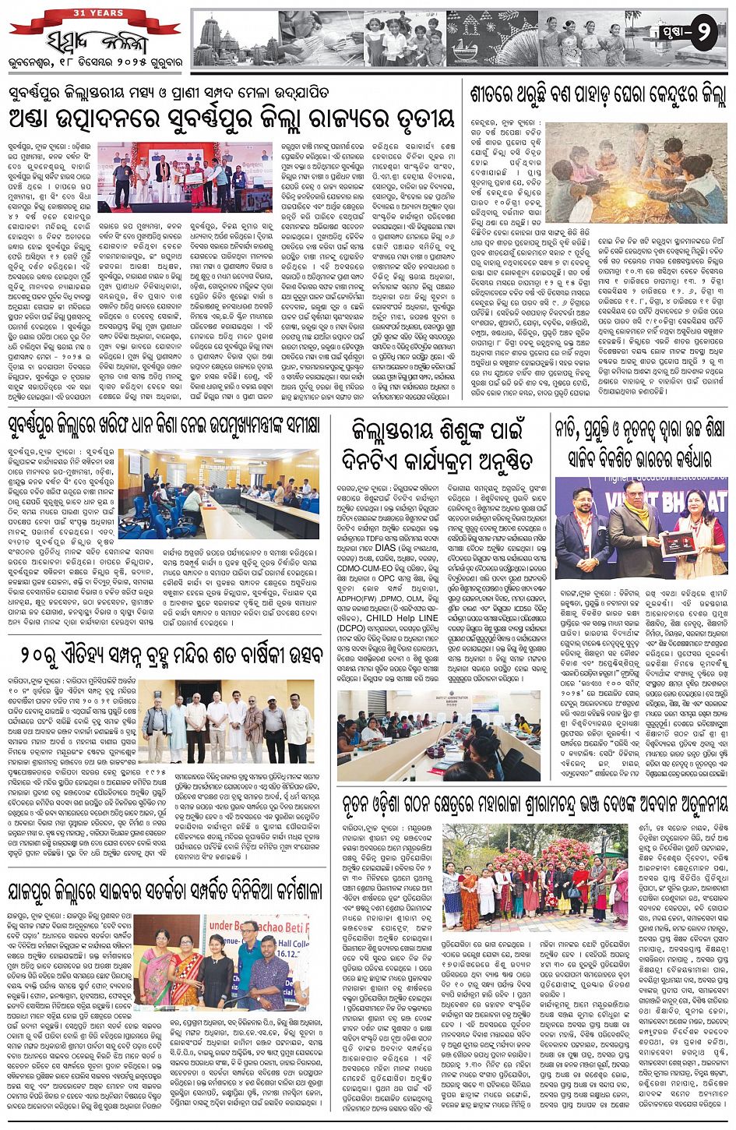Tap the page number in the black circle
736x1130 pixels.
(x=702, y=34)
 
